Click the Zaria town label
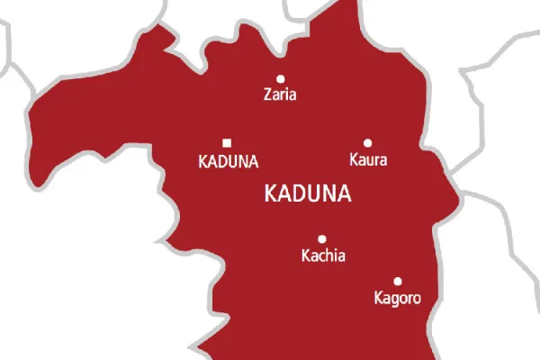point(279,94)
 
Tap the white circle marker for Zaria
point(280,78)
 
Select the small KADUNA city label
point(228,162)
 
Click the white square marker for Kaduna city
point(227,142)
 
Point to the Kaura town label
point(366,161)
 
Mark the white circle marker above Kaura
point(367,142)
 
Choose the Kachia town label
point(322,256)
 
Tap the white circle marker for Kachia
point(322,239)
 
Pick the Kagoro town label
point(397,297)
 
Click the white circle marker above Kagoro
point(398,281)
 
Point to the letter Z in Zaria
point(266,94)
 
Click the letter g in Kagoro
point(395,299)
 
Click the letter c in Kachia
point(321,257)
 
